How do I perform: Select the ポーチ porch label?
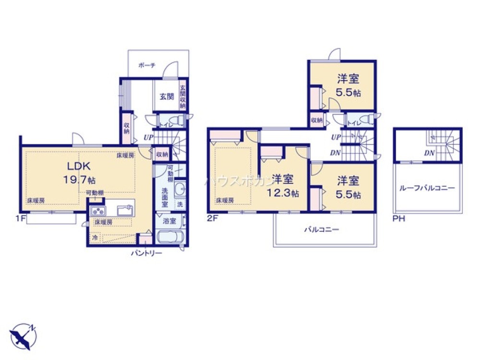[x=146, y=66]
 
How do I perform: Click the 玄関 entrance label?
[x=166, y=96]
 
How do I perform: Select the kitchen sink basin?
[x=126, y=209]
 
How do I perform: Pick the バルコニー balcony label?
[x=322, y=230]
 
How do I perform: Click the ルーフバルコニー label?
[x=427, y=188]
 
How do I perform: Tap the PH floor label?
[x=399, y=219]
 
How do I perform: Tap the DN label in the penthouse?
[x=429, y=153]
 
